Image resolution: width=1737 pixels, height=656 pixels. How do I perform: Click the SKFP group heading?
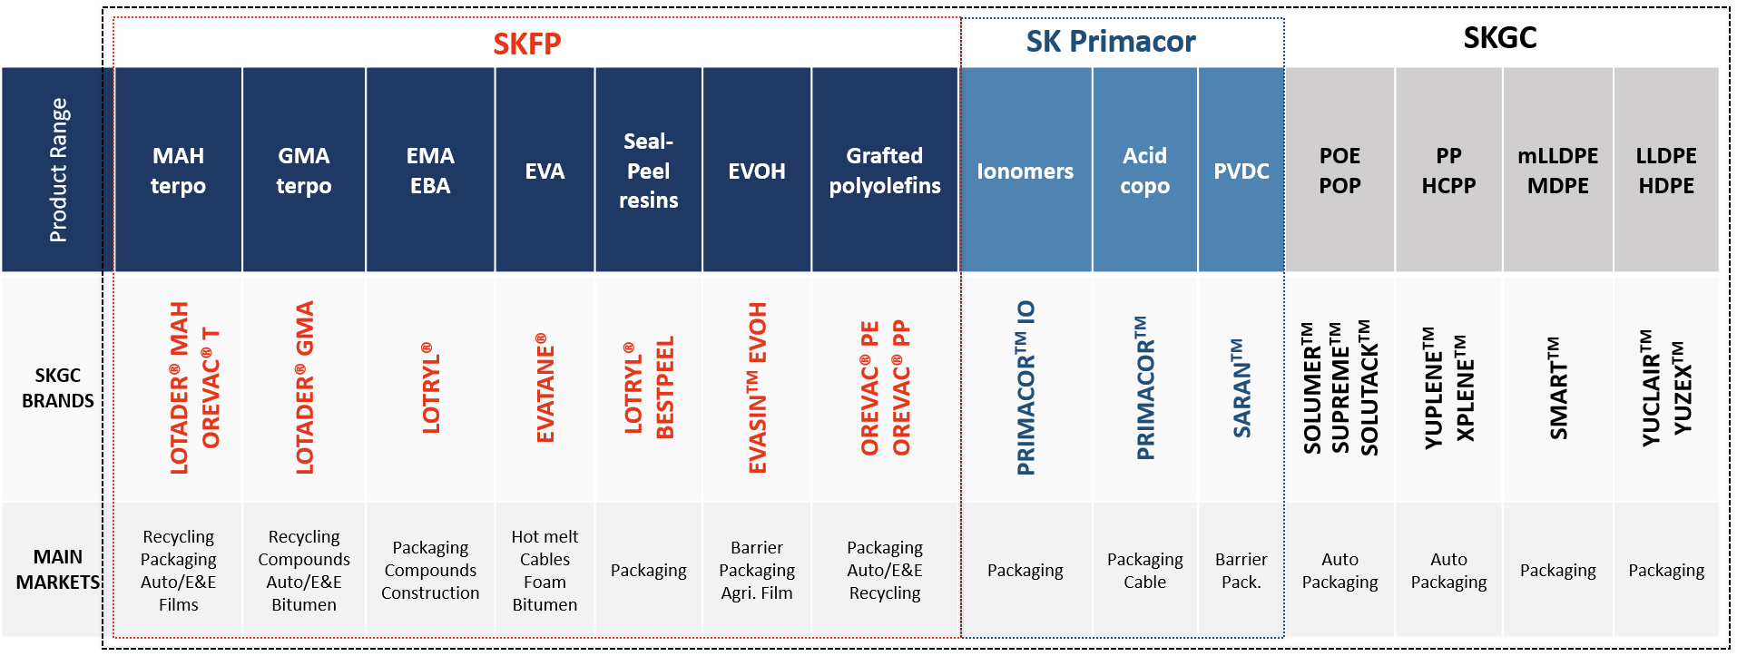(527, 44)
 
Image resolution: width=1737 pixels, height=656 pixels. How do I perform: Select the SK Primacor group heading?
(1111, 41)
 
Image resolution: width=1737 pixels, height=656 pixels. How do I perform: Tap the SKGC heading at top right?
(1500, 38)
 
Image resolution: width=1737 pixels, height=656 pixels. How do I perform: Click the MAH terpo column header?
(178, 171)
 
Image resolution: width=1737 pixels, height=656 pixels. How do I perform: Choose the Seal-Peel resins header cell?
(649, 171)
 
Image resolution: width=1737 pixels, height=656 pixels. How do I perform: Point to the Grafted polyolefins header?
(885, 171)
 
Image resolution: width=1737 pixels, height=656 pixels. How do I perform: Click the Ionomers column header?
(1026, 171)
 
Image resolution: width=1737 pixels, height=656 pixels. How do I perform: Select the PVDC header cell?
(1241, 171)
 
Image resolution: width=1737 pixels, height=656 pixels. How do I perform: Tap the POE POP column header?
(1340, 171)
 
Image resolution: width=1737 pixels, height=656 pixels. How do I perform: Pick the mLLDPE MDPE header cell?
(1558, 171)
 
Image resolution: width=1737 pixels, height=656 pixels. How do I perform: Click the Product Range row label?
(58, 171)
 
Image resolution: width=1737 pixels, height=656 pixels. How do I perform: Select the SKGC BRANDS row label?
(58, 388)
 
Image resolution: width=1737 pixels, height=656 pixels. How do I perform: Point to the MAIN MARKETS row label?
(58, 570)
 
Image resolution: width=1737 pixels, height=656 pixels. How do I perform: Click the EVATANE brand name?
(545, 387)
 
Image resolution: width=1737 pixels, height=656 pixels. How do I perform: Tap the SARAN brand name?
(1241, 388)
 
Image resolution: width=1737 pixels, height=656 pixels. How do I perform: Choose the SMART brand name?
(1558, 388)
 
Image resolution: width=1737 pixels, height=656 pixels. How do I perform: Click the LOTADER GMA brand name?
(304, 387)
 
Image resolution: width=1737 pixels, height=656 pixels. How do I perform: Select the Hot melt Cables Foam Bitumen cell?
(545, 571)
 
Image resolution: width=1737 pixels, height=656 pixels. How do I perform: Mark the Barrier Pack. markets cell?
(1241, 571)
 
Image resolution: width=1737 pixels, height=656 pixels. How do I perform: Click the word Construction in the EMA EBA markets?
(430, 593)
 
